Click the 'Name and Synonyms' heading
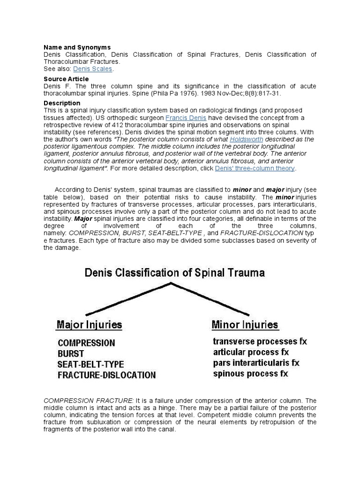[77, 47]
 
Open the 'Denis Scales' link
[93, 69]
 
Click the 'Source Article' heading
[66, 79]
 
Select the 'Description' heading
[62, 103]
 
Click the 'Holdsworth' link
[246, 140]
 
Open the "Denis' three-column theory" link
[255, 168]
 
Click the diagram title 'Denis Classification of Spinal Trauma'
[174, 273]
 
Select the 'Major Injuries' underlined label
[89, 324]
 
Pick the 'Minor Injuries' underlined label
[245, 324]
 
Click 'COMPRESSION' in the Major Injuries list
[86, 343]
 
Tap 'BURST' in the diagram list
[71, 353]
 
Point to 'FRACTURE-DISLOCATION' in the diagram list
[107, 375]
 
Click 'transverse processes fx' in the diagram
[260, 341]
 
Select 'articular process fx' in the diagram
[251, 352]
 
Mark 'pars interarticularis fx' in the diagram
[256, 363]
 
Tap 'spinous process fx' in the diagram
[250, 374]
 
